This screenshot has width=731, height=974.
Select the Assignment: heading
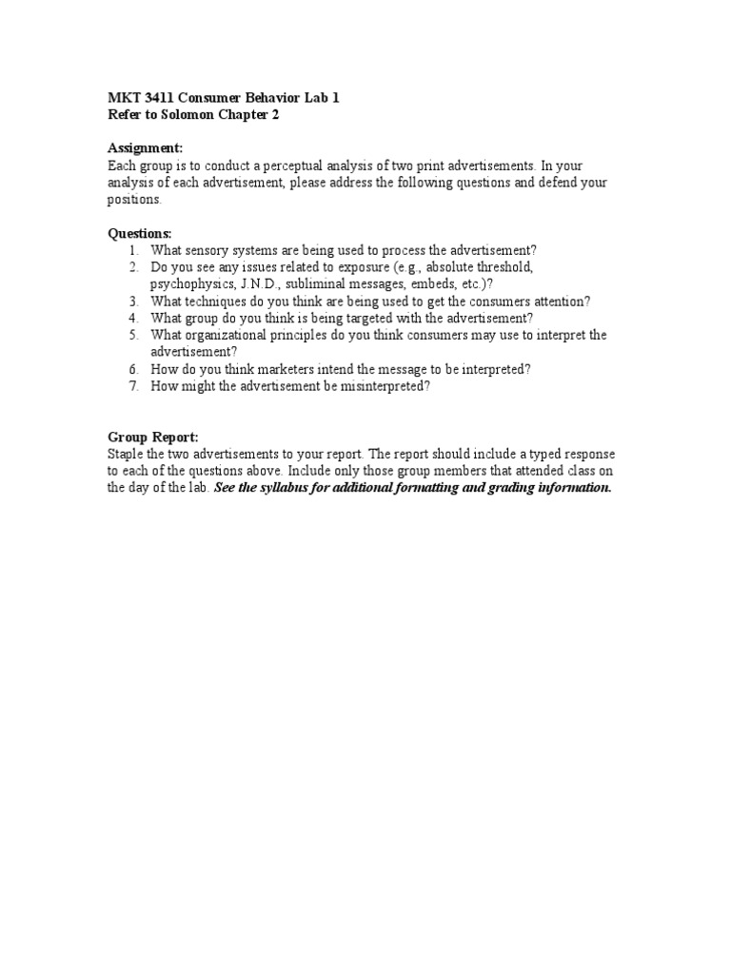point(145,147)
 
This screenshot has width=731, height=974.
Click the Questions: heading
point(140,233)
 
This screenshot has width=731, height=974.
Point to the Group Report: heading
point(152,437)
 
